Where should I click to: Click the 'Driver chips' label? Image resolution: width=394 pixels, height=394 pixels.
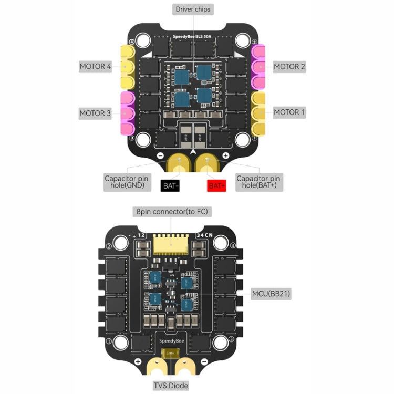[x=193, y=9]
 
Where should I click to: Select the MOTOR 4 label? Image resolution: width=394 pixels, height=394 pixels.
[x=95, y=67]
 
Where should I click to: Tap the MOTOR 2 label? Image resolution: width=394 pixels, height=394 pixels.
[x=289, y=67]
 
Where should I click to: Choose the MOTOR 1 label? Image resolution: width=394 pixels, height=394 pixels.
[x=289, y=112]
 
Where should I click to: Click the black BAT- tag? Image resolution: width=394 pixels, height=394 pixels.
[x=171, y=185]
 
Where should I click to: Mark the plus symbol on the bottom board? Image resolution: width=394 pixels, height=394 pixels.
[x=138, y=362]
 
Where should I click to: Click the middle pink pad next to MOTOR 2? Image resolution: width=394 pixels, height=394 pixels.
[x=260, y=67]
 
